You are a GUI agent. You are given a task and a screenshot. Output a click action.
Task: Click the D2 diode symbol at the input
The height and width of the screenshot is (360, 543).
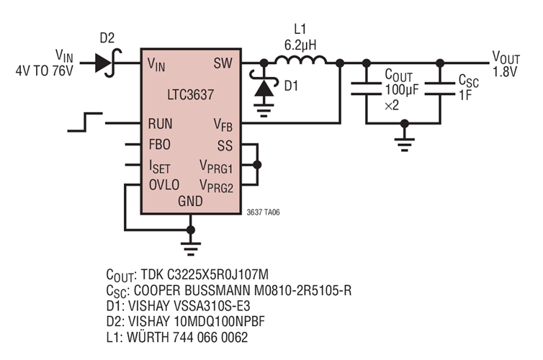pyautogui.click(x=106, y=63)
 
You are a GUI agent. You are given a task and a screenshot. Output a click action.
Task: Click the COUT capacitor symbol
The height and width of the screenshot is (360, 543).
pyautogui.click(x=367, y=89)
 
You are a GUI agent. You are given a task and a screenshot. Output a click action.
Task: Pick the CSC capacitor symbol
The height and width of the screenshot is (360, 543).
pyautogui.click(x=439, y=89)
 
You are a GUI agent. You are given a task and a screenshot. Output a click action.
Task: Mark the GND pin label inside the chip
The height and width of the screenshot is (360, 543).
pyautogui.click(x=191, y=202)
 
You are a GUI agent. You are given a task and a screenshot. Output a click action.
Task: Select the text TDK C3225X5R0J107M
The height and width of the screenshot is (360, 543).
pyautogui.click(x=209, y=275)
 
